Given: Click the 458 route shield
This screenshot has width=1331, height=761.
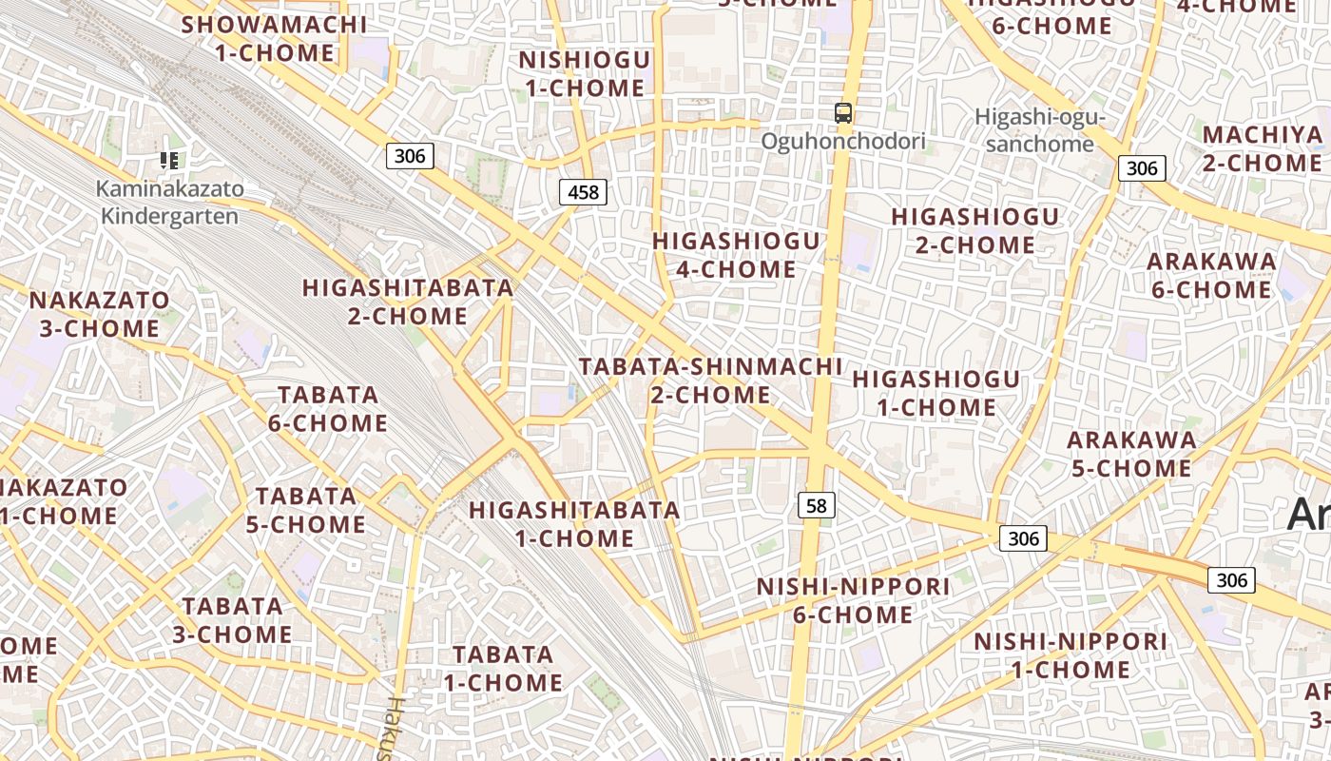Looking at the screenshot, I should coord(583,193).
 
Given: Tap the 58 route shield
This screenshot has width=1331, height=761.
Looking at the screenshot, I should coord(816,505).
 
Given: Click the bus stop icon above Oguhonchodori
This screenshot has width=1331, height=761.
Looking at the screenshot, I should coord(842,113).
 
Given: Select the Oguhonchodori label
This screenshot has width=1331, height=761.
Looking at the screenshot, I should coord(842,142).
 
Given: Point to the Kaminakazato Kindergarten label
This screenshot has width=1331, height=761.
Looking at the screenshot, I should coord(170,203).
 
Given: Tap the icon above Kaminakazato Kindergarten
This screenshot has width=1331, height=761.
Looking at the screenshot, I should coord(169,161).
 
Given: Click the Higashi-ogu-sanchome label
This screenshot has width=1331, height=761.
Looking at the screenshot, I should coord(1039,131).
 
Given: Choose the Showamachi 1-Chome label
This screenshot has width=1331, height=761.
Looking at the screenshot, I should coord(274,39).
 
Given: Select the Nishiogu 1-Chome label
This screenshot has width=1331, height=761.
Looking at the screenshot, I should coord(584,74).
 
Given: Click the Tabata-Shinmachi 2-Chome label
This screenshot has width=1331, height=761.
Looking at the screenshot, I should coord(710,380).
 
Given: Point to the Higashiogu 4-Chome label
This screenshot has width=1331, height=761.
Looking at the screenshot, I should coord(736,255).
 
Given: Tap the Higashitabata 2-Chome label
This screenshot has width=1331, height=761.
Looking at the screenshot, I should coord(408,302).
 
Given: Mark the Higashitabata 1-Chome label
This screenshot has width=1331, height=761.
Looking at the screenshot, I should coord(574,524).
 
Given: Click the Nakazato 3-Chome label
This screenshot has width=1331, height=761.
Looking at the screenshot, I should coord(99,315).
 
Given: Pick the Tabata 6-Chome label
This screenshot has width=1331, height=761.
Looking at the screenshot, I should coord(328,409).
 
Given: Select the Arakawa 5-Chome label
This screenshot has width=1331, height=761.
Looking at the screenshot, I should coord(1131,454).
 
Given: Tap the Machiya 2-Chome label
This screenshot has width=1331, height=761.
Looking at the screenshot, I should coord(1263,148).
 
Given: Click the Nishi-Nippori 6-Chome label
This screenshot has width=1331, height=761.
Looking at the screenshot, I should coord(853,600).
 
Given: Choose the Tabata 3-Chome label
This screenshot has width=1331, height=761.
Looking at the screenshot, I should coord(233,620).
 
